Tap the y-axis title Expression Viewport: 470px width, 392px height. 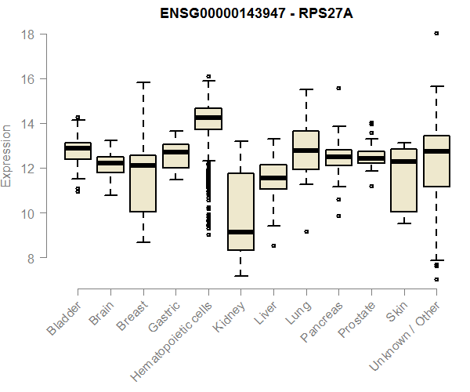click(7, 154)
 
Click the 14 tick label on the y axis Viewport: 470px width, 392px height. click(27, 124)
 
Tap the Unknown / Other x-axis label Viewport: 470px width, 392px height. click(407, 336)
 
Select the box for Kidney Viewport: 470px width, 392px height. click(240, 212)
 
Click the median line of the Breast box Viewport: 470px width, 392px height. click(143, 165)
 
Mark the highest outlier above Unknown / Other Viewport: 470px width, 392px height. click(436, 34)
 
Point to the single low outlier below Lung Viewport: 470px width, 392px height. click(306, 231)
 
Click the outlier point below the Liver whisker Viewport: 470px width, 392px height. click(273, 245)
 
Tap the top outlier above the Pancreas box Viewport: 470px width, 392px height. click(338, 89)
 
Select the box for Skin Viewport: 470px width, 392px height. click(403, 180)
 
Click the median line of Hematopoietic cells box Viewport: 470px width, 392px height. click(208, 118)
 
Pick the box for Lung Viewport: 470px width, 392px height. click(305, 150)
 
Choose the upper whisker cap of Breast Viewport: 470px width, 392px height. click(143, 82)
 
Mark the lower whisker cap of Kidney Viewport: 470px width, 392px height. click(240, 275)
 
